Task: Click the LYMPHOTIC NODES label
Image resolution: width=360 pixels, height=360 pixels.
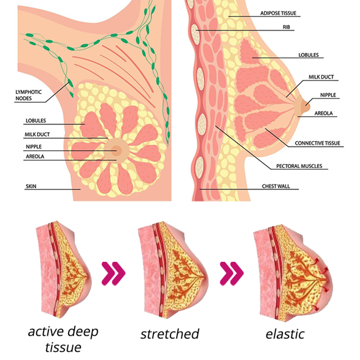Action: (x=28, y=95)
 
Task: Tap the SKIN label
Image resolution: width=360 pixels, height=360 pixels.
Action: (x=31, y=186)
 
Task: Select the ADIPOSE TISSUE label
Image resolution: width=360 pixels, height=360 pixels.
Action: (x=278, y=13)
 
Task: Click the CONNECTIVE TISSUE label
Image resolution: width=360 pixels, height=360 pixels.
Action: (x=317, y=143)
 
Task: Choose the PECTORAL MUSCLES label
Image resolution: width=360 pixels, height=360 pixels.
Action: (x=299, y=166)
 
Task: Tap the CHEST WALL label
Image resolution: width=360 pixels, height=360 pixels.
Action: (x=276, y=186)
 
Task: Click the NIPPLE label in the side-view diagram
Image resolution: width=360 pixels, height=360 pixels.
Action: (x=328, y=95)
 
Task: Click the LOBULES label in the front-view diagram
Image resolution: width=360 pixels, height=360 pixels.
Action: (x=36, y=121)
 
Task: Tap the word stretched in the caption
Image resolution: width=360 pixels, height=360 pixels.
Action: (x=170, y=334)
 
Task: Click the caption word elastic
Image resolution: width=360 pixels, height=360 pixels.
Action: (x=285, y=334)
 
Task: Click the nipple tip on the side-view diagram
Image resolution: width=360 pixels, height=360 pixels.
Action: (x=308, y=105)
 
